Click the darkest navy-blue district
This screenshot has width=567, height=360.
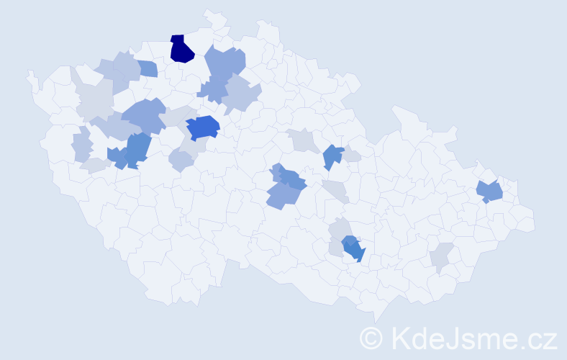click(x=181, y=50)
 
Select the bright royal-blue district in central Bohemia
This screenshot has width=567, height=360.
click(x=203, y=127)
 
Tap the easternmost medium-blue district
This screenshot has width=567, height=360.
click(x=491, y=192)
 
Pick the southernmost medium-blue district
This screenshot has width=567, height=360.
click(x=353, y=249)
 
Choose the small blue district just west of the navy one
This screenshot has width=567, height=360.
click(x=147, y=69)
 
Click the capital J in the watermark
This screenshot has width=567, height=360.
click(x=452, y=337)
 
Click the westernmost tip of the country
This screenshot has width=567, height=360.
click(x=29, y=74)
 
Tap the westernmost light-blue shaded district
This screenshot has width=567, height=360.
click(x=82, y=145)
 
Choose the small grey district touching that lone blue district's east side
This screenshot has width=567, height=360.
click(x=351, y=156)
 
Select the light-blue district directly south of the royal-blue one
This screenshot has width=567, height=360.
click(x=181, y=161)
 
